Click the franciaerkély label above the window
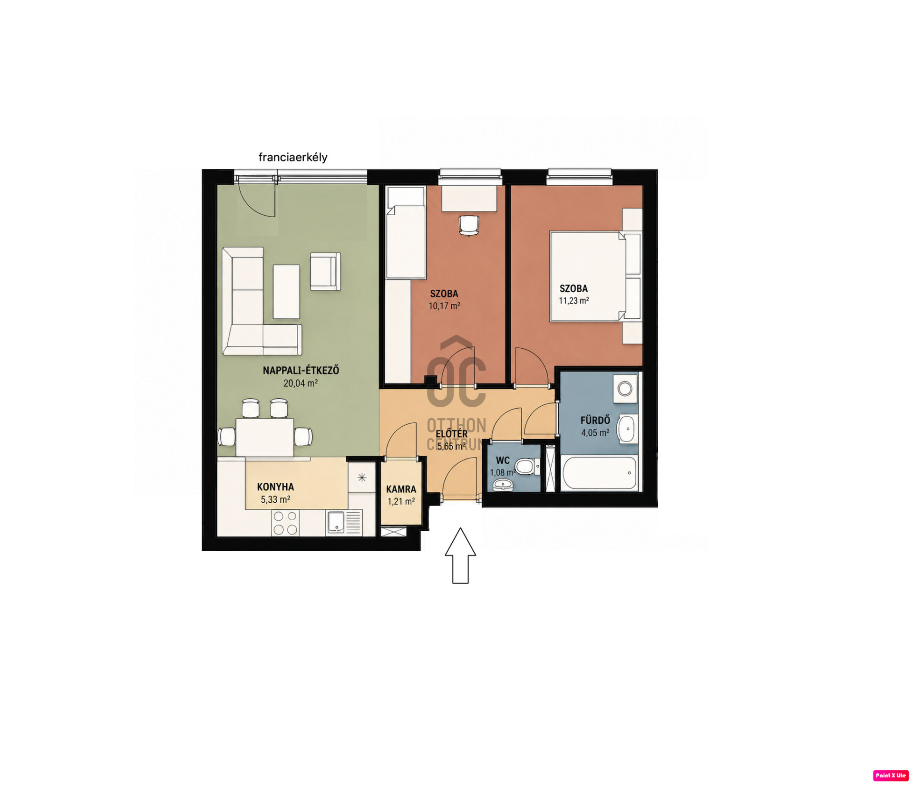[293, 157]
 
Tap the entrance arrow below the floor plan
[460, 555]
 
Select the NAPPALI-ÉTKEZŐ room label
[301, 370]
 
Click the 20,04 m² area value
[301, 383]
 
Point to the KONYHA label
[275, 487]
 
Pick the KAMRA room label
[401, 489]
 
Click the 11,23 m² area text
[574, 301]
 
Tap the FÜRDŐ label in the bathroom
[595, 420]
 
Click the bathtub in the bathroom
[599, 472]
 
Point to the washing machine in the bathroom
[625, 389]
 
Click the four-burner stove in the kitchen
[285, 523]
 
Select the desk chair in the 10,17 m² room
[468, 225]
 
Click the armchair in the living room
[325, 271]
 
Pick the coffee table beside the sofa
[286, 292]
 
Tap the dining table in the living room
[264, 437]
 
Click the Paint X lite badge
[891, 775]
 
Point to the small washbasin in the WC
[502, 484]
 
